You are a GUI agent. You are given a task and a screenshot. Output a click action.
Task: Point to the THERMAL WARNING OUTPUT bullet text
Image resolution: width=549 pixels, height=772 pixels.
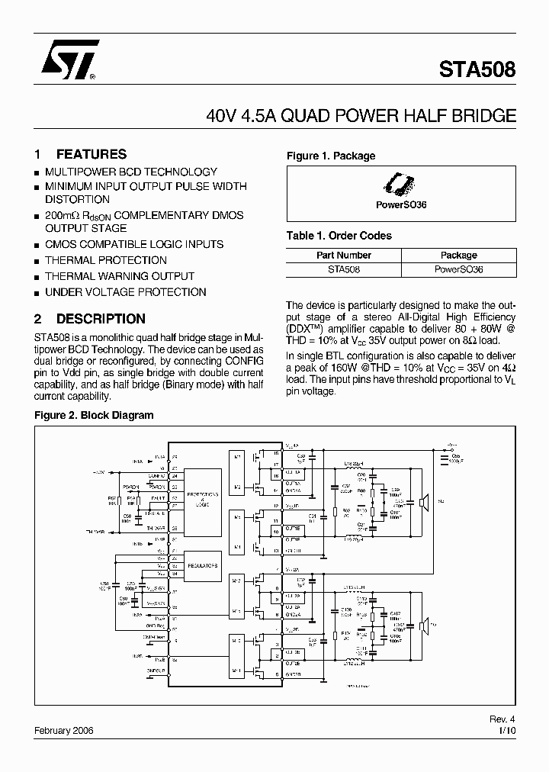(x=120, y=276)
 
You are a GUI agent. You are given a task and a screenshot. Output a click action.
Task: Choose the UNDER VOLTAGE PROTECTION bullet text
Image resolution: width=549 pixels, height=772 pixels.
(x=125, y=292)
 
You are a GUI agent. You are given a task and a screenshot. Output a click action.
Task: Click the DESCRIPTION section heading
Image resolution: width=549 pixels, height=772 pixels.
(x=101, y=319)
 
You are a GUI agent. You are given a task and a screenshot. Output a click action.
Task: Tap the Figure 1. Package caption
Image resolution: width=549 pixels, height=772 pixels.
(x=331, y=156)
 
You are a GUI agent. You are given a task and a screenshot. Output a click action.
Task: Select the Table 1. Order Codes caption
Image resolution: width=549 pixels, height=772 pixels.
(x=339, y=236)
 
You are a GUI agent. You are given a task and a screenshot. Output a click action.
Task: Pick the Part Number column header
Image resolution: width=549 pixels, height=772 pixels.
(x=344, y=256)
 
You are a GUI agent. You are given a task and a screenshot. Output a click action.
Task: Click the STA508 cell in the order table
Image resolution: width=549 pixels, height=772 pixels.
(x=344, y=269)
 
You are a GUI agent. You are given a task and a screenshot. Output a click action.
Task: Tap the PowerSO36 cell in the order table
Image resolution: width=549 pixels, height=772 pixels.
(x=458, y=269)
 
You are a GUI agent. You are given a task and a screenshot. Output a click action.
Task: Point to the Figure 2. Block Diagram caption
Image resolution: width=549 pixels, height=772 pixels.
(x=94, y=416)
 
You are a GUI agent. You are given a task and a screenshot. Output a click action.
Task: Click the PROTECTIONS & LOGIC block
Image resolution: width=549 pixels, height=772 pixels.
(x=201, y=499)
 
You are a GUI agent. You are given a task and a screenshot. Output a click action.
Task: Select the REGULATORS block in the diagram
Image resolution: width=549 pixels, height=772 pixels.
(x=201, y=566)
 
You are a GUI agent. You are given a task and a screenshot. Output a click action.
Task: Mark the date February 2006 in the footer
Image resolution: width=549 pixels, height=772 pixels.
(x=64, y=730)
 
